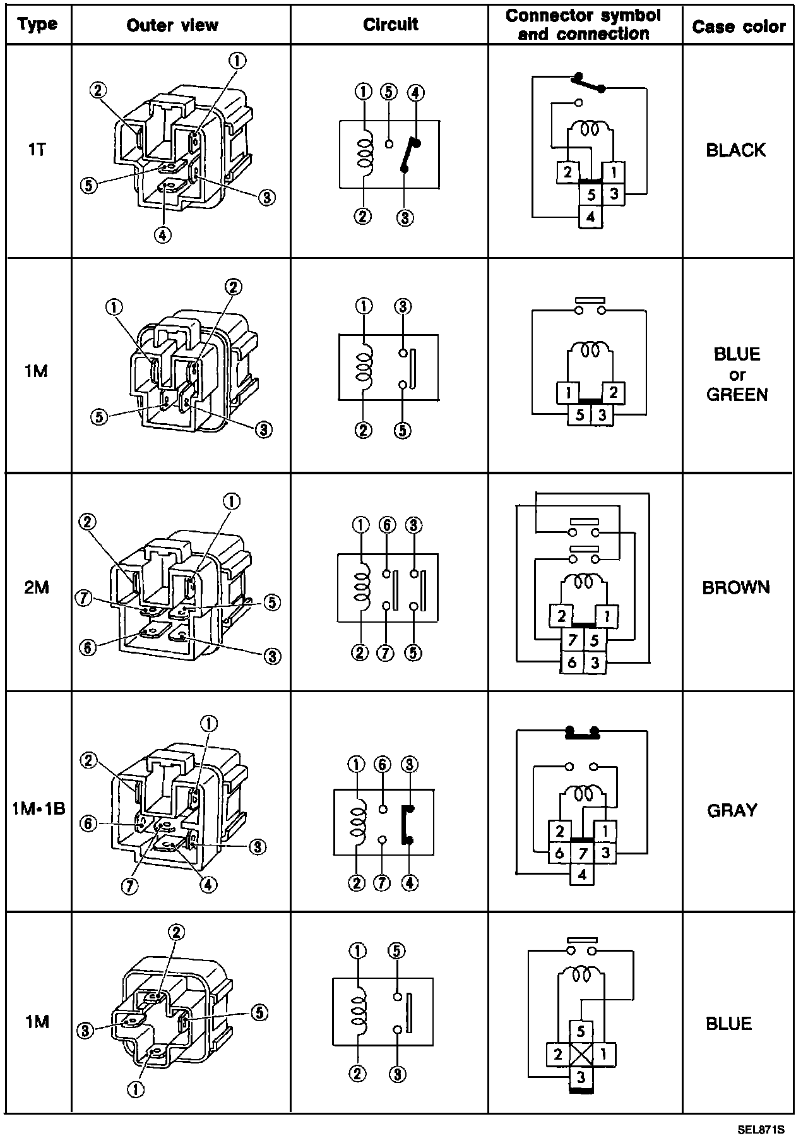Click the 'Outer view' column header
(x=172, y=25)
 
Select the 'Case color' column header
(x=739, y=27)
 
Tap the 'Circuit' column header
(x=390, y=24)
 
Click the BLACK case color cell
(x=735, y=150)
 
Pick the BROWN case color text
(x=736, y=587)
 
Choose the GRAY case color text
(x=732, y=810)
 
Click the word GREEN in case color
(x=737, y=395)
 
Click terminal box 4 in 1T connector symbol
(x=590, y=217)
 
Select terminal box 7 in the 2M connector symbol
(x=572, y=641)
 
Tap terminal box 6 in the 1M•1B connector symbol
(x=559, y=854)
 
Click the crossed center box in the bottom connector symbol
(x=582, y=1054)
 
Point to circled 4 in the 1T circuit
(x=415, y=93)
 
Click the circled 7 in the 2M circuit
(x=384, y=652)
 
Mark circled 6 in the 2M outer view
(x=89, y=647)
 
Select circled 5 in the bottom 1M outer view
(x=259, y=1012)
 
